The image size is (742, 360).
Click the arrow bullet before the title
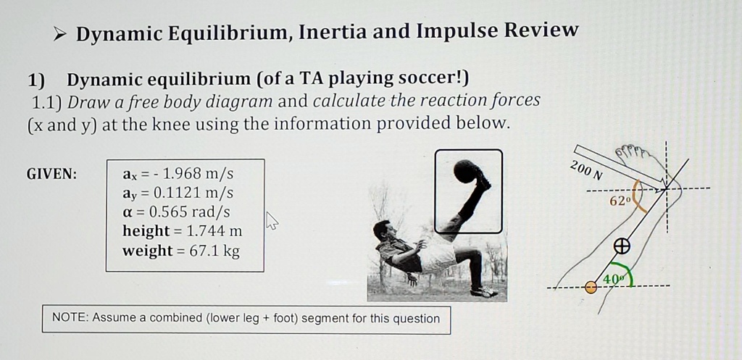pyautogui.click(x=61, y=33)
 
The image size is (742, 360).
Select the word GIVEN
pyautogui.click(x=51, y=175)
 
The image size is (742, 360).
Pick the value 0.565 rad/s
pyautogui.click(x=188, y=212)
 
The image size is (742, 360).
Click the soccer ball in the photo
pyautogui.click(x=465, y=172)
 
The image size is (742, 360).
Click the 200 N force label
pyautogui.click(x=585, y=169)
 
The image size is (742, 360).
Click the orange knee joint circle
pyautogui.click(x=591, y=288)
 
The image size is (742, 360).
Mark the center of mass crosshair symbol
pyautogui.click(x=620, y=246)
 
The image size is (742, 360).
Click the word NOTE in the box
pyautogui.click(x=70, y=318)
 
